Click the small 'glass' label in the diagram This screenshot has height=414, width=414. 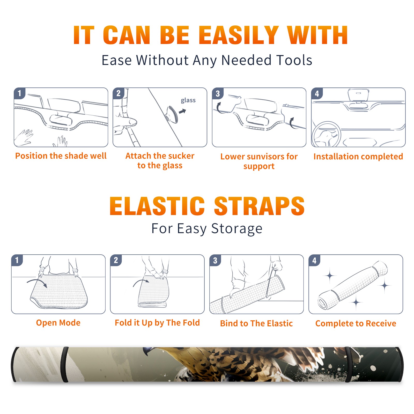188,100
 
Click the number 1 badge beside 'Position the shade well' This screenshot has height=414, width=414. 20,93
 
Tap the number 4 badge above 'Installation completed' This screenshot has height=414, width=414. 317,93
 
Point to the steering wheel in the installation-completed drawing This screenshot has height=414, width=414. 326,134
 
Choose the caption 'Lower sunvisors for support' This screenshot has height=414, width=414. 259,161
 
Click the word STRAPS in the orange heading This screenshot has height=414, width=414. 259,206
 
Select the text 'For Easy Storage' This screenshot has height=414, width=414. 207,229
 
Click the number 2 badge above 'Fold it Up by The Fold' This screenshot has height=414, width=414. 116,260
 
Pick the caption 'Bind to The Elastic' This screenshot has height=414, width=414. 256,323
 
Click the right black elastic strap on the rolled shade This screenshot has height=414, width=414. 348,364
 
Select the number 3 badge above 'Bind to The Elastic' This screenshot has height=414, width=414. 215,260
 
